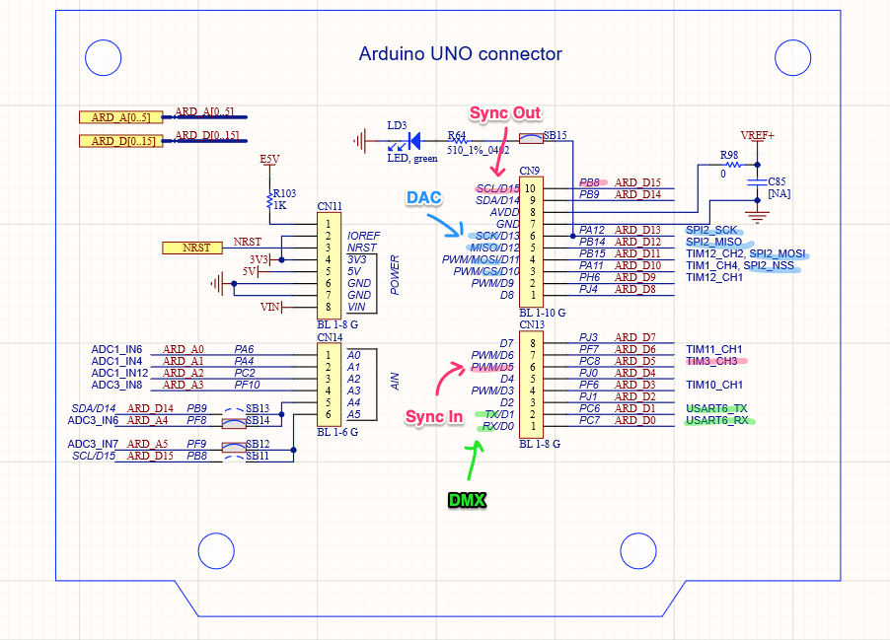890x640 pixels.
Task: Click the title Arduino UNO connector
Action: [x=460, y=54]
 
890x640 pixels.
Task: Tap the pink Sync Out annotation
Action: [x=504, y=113]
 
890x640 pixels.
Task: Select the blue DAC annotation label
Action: [x=425, y=197]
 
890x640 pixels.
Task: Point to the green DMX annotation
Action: [x=466, y=500]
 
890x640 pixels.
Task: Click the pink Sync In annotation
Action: [x=433, y=417]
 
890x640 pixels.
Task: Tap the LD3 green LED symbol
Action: [x=413, y=141]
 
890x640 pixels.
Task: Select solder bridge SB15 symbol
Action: [x=531, y=140]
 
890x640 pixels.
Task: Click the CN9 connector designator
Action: [x=530, y=171]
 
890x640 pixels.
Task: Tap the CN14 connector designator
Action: [x=330, y=337]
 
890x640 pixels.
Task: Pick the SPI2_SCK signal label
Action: [x=710, y=230]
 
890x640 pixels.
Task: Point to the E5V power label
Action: [x=269, y=159]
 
